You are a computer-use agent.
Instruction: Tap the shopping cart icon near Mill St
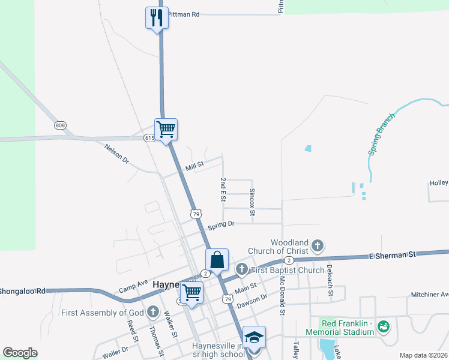click(166, 128)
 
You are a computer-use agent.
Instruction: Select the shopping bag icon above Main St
click(217, 260)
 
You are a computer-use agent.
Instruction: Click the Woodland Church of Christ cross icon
click(318, 246)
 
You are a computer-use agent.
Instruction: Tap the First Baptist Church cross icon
click(241, 269)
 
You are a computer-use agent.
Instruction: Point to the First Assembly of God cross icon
click(153, 311)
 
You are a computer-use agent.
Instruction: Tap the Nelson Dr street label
click(116, 154)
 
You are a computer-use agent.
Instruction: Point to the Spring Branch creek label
click(381, 134)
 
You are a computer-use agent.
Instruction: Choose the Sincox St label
click(252, 203)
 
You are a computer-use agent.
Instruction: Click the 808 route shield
click(60, 125)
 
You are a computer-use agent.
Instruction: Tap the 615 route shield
click(149, 138)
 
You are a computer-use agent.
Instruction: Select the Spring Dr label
click(220, 225)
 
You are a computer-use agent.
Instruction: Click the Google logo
click(20, 353)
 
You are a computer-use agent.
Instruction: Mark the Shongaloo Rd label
click(23, 291)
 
